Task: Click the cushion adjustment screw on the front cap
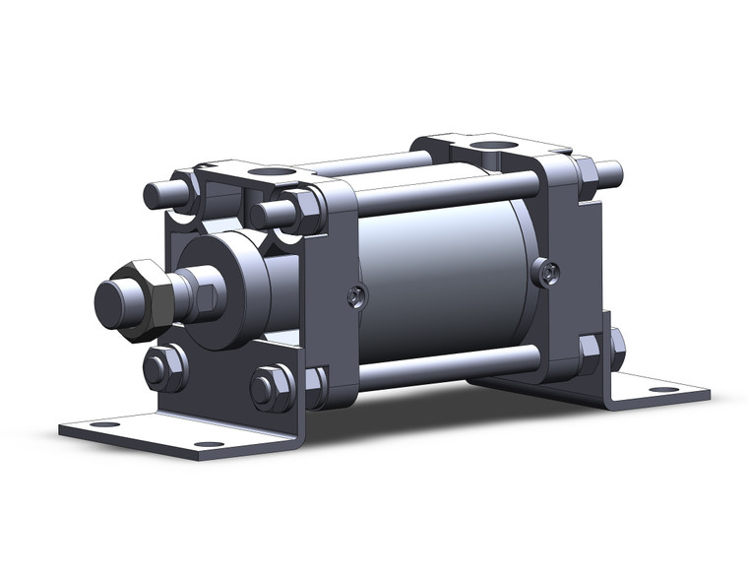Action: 357,292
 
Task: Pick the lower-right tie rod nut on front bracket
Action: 271,387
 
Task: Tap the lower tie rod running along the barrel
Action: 443,364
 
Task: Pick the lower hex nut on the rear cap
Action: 592,349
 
